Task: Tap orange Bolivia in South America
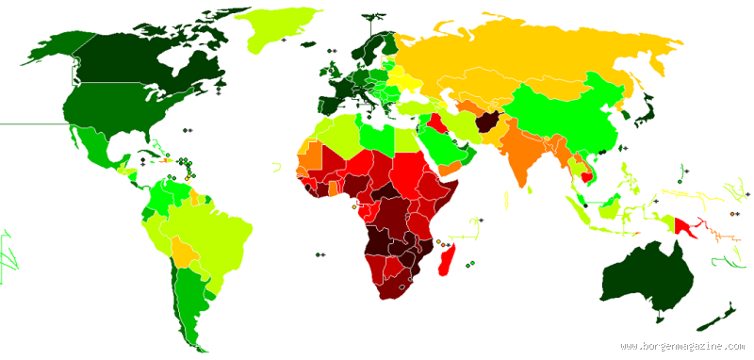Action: (x=185, y=251)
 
